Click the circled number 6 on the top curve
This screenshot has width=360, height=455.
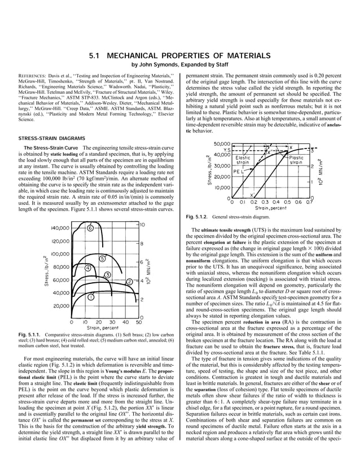click(x=90, y=229)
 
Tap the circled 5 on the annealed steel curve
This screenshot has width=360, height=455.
click(x=102, y=258)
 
